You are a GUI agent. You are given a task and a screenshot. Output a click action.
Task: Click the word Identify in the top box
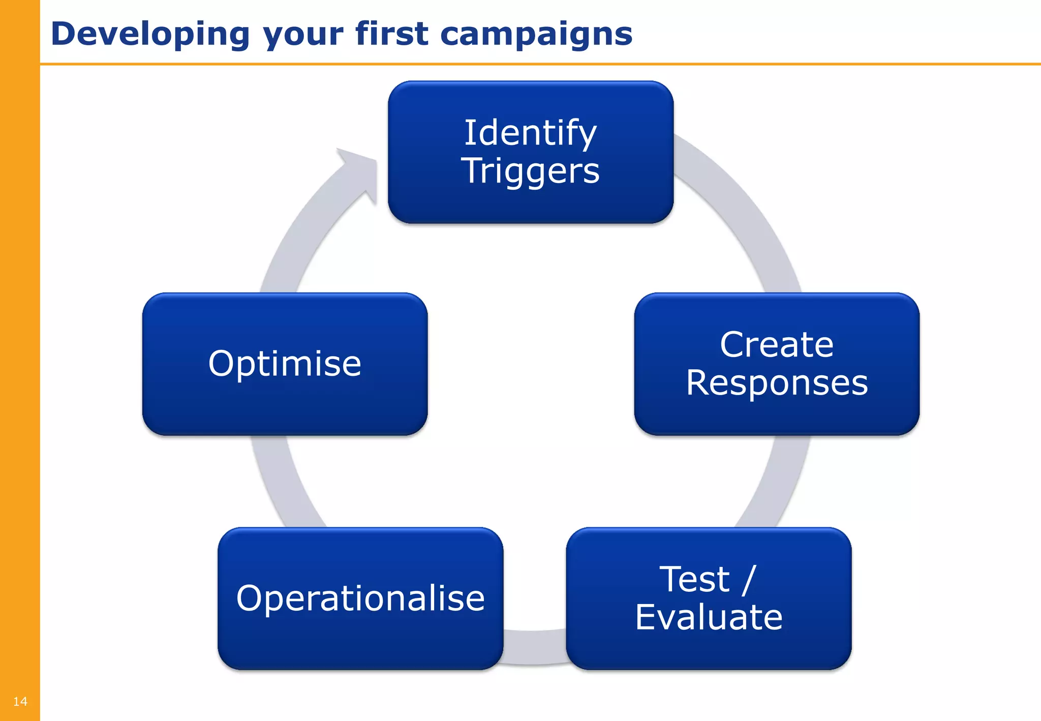(530, 133)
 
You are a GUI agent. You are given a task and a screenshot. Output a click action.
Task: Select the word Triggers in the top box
(530, 171)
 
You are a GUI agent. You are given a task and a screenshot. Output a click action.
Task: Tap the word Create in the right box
(776, 345)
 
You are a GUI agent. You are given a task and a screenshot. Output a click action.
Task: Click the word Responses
(776, 383)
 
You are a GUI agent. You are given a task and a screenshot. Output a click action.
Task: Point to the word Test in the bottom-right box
(694, 579)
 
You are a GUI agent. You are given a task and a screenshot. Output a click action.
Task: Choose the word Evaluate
(709, 617)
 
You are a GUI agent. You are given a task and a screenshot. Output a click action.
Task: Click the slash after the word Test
(749, 579)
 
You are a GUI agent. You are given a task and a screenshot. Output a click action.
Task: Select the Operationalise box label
(360, 598)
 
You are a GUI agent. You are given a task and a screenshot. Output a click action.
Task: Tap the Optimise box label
(285, 364)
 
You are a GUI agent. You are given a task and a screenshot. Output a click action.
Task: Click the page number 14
(20, 702)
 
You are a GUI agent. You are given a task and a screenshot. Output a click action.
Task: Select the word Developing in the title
(150, 35)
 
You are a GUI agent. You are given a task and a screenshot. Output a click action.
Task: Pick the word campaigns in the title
(536, 35)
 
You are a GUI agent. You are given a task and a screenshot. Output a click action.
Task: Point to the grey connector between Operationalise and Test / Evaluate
(534, 647)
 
